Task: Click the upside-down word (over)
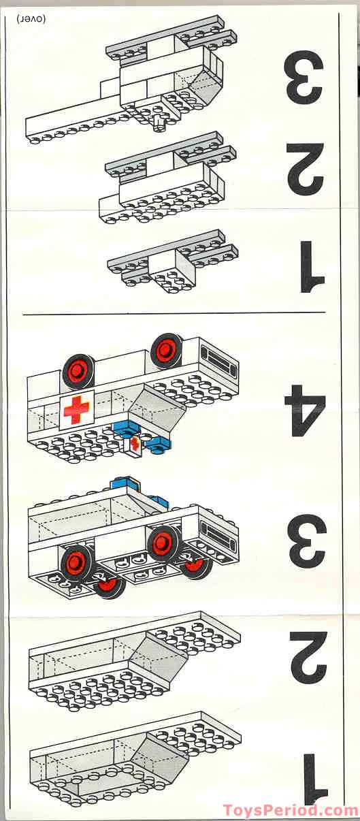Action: pyautogui.click(x=28, y=18)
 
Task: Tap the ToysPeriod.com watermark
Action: pyautogui.click(x=291, y=811)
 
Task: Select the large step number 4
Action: pyautogui.click(x=306, y=410)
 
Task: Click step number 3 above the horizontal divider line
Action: pyautogui.click(x=305, y=80)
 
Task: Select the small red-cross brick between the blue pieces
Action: pyautogui.click(x=135, y=445)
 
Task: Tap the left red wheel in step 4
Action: pyautogui.click(x=78, y=371)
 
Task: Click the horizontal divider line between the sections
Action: pyautogui.click(x=174, y=315)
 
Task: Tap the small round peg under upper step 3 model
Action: pyautogui.click(x=161, y=123)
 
